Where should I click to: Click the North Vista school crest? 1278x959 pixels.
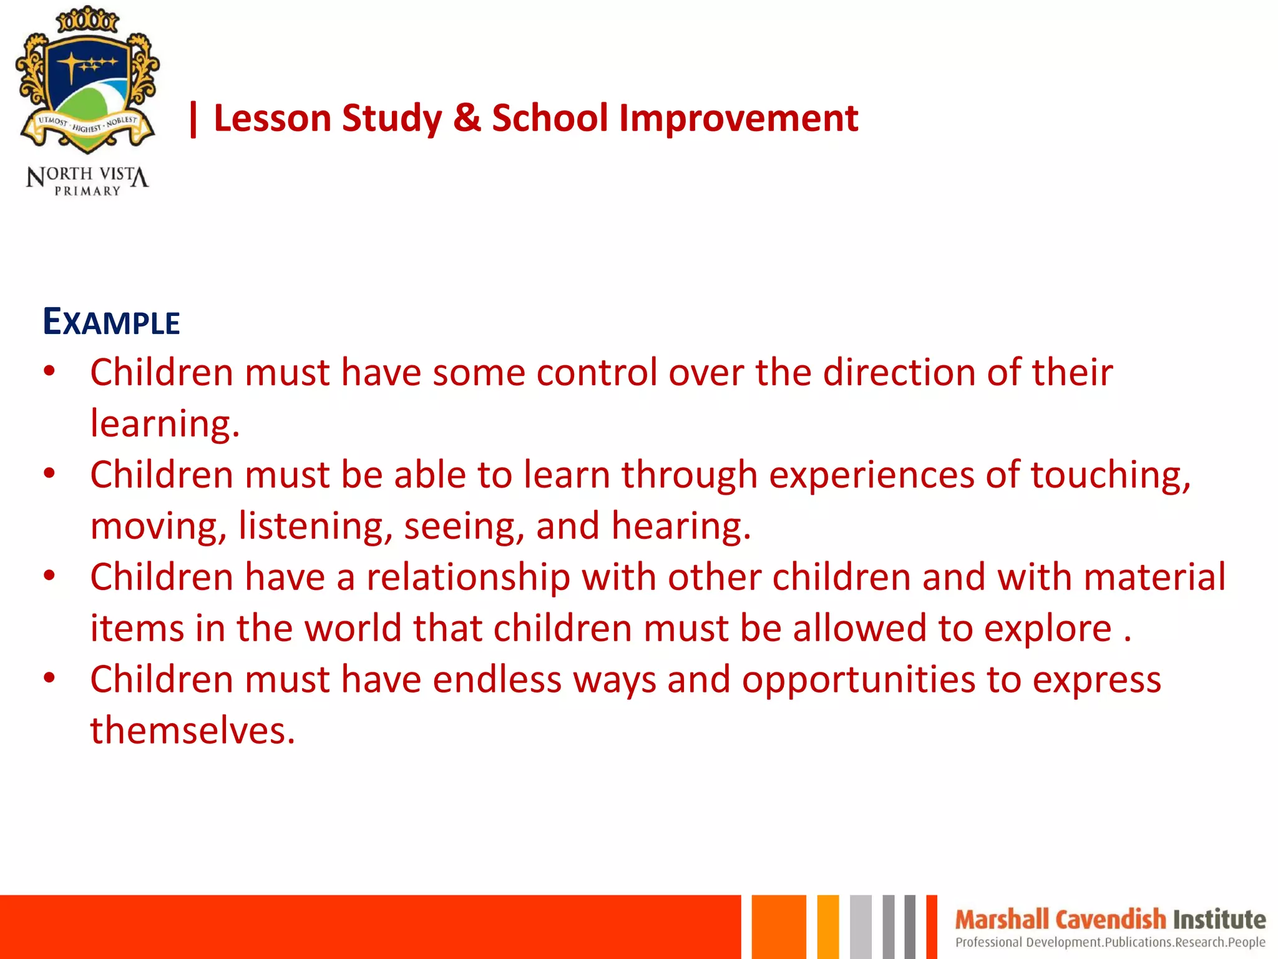87,81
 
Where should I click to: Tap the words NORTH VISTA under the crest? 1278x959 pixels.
87,175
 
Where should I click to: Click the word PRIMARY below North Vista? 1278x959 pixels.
87,191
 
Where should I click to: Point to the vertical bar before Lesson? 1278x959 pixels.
193,119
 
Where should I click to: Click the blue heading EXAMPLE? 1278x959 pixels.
111,322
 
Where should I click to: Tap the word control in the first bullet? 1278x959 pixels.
597,373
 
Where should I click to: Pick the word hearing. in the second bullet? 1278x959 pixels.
681,526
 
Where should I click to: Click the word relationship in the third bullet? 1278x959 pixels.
468,578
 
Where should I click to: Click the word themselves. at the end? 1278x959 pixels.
192,730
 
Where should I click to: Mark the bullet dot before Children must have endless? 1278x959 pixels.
50,677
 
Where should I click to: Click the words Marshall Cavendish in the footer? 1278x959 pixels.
1060,920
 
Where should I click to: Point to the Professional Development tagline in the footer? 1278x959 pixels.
1110,942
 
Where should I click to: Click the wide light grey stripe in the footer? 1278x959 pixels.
861,927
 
